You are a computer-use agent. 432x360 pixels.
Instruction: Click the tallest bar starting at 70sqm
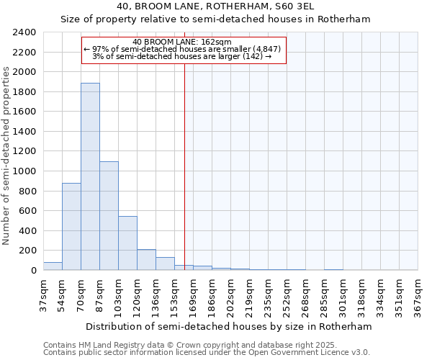point(90,176)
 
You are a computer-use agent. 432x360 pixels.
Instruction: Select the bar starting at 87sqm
point(109,216)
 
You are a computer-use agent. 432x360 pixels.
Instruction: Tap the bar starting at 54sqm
point(71,227)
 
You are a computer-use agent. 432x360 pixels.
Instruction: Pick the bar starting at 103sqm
point(127,243)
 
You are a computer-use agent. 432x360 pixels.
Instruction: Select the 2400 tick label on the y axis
point(24,32)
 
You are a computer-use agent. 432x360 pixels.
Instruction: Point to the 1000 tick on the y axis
point(24,171)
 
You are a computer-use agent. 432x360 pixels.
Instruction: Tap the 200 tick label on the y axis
point(27,251)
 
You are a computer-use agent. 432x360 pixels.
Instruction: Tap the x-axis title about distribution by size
point(230,326)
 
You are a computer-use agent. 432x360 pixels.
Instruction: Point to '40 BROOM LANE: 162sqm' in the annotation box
point(182,42)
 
